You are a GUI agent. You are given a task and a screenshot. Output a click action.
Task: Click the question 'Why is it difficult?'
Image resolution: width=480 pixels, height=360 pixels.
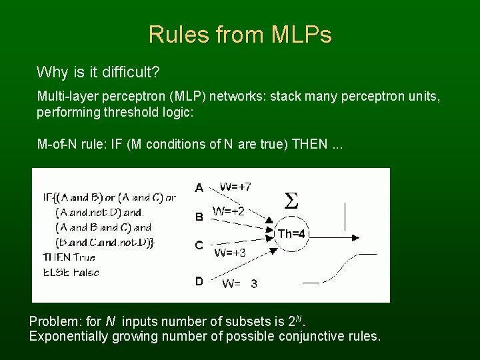(99, 71)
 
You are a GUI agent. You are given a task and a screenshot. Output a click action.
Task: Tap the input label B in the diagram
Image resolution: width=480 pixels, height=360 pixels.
(199, 217)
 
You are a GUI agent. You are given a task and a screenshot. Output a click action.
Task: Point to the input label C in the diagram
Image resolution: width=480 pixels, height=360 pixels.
(199, 245)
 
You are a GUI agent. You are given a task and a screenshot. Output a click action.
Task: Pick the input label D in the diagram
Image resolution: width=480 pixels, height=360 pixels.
(199, 281)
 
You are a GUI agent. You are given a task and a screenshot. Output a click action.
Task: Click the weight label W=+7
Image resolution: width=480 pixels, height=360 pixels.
(235, 186)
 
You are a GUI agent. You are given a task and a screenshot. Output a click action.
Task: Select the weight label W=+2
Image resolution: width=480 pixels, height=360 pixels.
(229, 211)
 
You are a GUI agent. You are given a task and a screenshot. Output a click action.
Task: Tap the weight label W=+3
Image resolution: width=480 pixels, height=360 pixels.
(230, 253)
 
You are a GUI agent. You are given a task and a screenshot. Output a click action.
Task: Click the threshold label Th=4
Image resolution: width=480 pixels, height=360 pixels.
(291, 234)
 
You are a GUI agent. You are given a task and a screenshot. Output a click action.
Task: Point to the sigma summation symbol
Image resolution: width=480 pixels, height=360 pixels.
(291, 200)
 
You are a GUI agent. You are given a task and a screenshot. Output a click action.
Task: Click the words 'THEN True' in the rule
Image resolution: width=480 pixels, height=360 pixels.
(69, 257)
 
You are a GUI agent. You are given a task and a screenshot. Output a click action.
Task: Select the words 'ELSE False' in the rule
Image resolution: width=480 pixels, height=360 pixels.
(71, 271)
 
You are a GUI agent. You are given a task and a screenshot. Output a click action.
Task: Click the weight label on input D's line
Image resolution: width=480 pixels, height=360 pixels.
(240, 284)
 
